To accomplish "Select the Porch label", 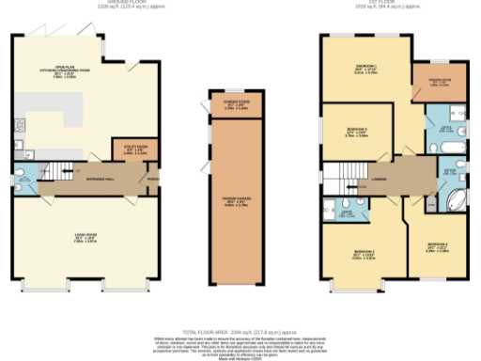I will tap(151, 178).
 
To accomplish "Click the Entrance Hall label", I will tap(100, 176).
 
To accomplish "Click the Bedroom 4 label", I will tap(356, 130).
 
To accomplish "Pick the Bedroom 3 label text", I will tap(438, 247).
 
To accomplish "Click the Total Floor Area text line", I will tap(240, 333).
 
